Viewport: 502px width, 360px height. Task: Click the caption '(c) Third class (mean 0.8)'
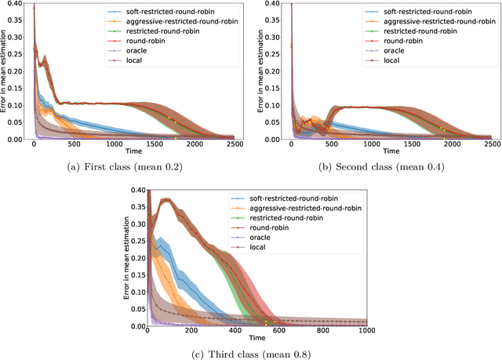tap(254, 353)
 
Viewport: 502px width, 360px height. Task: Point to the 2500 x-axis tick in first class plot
tap(233, 146)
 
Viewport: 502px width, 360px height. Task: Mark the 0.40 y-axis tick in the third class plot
tap(136, 190)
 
